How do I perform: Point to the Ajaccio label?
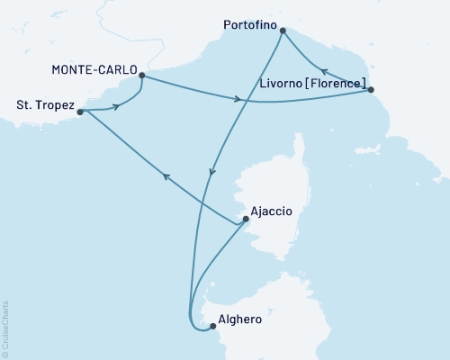click(x=273, y=212)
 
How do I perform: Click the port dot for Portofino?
click(x=283, y=31)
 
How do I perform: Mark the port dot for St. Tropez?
click(x=80, y=112)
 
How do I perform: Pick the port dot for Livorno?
click(x=371, y=89)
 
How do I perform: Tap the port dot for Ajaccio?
click(x=246, y=219)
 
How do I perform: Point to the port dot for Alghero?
click(x=212, y=327)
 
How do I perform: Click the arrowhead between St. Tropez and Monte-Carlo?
click(x=116, y=108)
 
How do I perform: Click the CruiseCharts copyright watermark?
click(x=5, y=328)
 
